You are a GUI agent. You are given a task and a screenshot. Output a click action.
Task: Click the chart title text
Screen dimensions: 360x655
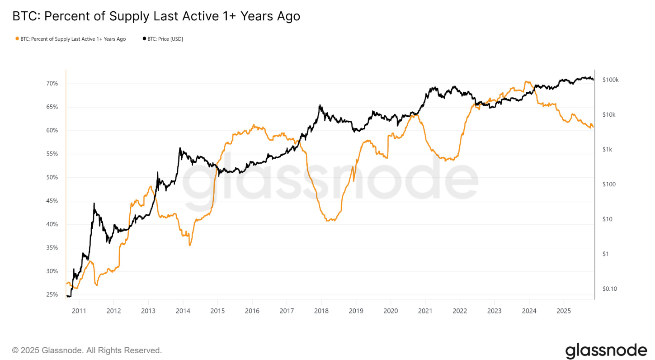[x=156, y=16]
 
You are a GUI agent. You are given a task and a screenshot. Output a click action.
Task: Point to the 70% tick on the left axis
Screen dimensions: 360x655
[x=52, y=84]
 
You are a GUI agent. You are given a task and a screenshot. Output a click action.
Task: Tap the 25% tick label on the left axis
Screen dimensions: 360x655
[x=52, y=295]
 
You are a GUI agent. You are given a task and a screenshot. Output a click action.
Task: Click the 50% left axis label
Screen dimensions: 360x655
[x=52, y=177]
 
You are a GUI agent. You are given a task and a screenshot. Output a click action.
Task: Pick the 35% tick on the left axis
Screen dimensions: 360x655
[x=52, y=248]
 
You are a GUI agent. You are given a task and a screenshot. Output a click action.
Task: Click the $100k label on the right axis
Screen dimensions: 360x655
[x=610, y=80]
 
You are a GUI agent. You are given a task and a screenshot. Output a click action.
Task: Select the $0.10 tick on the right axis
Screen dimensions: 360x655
[x=610, y=289]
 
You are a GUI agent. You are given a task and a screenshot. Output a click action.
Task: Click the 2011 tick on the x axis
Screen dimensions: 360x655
[x=79, y=311]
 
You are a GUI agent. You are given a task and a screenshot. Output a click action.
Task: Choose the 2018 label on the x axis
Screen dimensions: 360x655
[x=321, y=311]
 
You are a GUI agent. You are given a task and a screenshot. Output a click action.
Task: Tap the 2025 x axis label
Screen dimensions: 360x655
[x=563, y=311]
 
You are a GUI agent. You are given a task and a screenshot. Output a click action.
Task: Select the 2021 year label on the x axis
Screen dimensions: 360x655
[x=425, y=311]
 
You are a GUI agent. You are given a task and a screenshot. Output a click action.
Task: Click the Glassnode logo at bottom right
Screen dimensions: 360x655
[x=606, y=351]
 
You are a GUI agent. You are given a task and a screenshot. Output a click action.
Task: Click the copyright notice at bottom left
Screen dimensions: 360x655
[x=87, y=351]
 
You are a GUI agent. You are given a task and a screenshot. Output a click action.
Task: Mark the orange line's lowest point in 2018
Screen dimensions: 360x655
[x=328, y=221]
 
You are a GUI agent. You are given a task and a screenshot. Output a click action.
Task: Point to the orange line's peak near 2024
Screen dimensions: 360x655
[x=526, y=82]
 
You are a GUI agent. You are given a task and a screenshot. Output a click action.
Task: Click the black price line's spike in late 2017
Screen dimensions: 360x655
[x=320, y=105]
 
